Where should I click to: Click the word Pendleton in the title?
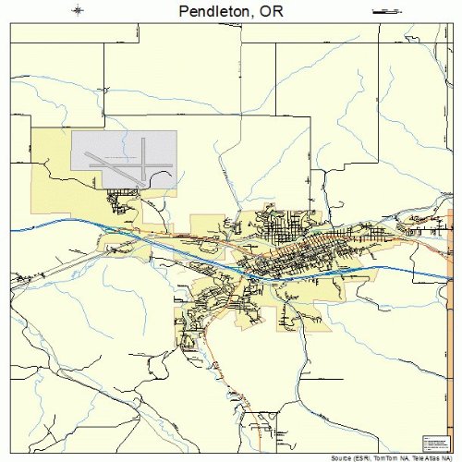pyautogui.click(x=205, y=13)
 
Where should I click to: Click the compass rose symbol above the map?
pyautogui.click(x=79, y=11)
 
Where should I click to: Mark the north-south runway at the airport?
pyautogui.click(x=144, y=157)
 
